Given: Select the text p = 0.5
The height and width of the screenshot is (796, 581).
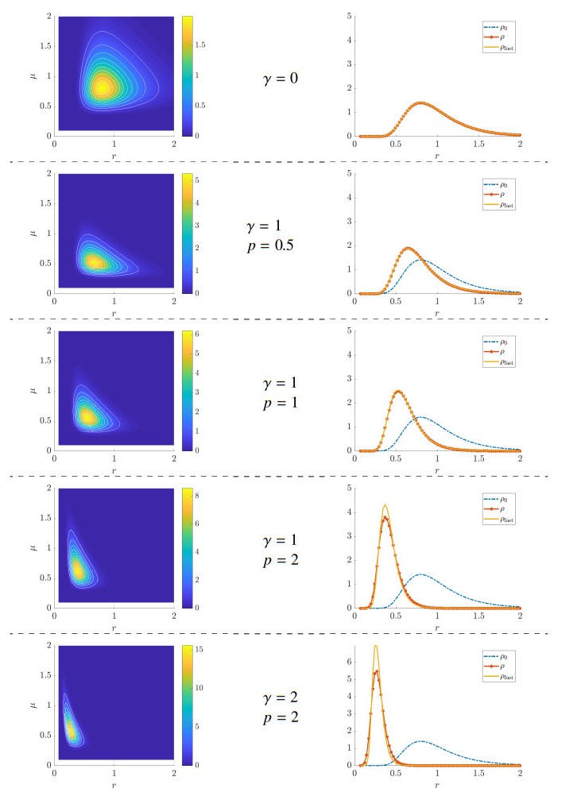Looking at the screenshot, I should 269,245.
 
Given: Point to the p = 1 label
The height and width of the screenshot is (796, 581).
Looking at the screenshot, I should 280,403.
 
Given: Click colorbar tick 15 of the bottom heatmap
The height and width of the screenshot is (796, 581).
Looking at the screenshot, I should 202,649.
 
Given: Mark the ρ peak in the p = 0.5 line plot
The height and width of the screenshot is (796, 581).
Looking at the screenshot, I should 408,248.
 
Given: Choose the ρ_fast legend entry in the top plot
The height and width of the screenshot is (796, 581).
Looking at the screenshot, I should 493,49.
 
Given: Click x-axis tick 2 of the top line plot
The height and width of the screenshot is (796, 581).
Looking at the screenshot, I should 520,144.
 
